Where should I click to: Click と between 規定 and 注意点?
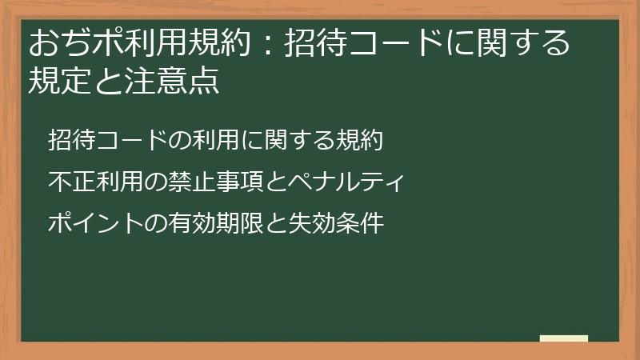click(102, 81)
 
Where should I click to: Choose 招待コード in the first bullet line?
click(104, 140)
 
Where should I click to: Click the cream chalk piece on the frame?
click(563, 338)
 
